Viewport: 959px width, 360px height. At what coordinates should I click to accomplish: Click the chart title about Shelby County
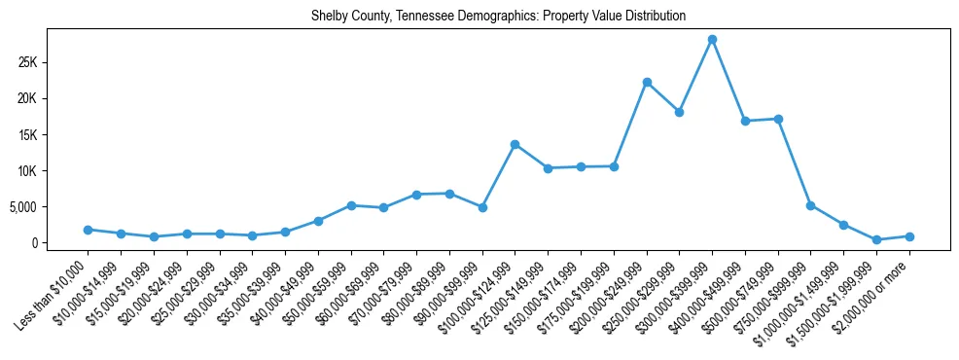[499, 17]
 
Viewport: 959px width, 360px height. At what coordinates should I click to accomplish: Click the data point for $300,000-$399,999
[712, 39]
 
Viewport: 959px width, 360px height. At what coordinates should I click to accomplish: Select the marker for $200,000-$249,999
[647, 82]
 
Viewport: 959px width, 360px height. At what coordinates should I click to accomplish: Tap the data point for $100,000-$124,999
[515, 144]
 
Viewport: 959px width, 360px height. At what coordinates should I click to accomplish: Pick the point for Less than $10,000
[88, 230]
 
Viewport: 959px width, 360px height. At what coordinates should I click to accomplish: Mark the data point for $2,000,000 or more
[909, 236]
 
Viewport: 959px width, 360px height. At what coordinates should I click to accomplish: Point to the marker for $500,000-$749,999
[778, 119]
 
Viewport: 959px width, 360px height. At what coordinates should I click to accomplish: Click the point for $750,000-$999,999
[811, 205]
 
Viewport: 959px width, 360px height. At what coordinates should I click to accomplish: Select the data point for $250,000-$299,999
[680, 112]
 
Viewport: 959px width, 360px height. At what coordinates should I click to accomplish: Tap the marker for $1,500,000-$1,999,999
[876, 239]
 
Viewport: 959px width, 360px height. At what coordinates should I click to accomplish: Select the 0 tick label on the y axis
[61, 242]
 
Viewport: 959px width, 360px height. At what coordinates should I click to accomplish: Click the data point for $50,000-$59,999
[351, 205]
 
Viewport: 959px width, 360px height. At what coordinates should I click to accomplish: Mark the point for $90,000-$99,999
[482, 207]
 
